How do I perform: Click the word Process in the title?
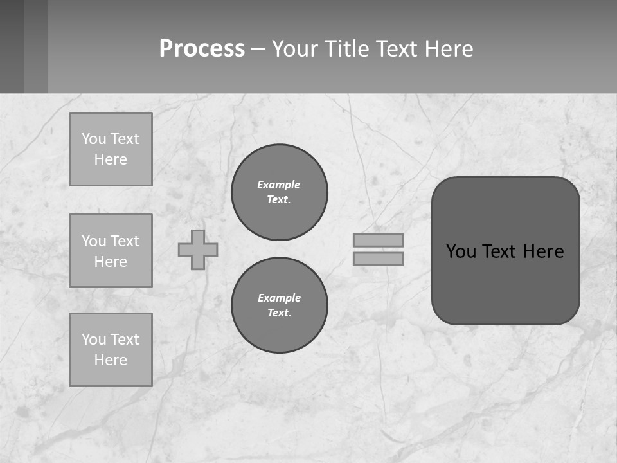coord(202,49)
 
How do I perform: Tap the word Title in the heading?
coord(347,49)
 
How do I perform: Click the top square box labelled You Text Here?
coord(111,149)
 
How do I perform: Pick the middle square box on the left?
coord(111,251)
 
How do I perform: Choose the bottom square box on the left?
coord(111,350)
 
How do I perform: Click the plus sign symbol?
coord(198,250)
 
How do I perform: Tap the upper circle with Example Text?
coord(280,192)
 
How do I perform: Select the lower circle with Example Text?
coord(280,305)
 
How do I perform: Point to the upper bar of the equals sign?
coord(378,240)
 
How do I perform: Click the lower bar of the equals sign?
coord(378,259)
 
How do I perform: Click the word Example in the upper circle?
coord(279,185)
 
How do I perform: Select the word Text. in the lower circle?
coord(279,313)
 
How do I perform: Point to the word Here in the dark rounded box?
coord(543,251)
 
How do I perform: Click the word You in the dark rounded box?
coord(461,251)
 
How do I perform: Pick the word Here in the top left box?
coord(111,159)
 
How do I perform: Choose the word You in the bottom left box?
coord(94,340)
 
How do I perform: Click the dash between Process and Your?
coord(258,49)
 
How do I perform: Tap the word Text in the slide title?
coord(395,49)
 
